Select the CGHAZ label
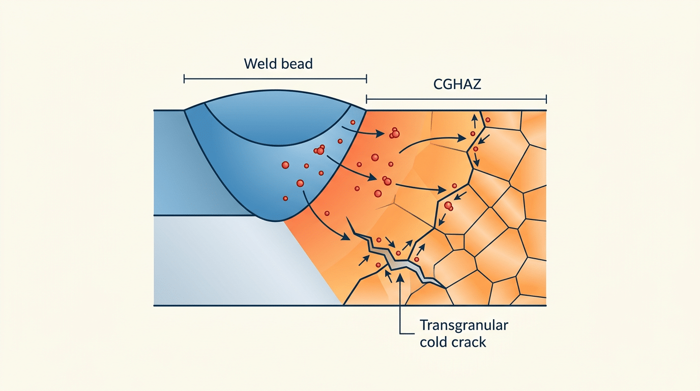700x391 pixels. [457, 84]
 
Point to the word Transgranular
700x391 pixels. [463, 325]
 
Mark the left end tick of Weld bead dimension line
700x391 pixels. [184, 78]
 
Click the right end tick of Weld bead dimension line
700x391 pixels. [366, 78]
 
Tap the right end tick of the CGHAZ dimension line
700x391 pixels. [546, 99]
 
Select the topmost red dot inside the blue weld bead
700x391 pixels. [352, 123]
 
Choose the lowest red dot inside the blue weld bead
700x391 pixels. [285, 198]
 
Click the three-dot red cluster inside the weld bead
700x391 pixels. [319, 150]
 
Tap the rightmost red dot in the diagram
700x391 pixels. [487, 120]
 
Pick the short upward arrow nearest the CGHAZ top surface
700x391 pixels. [474, 121]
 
